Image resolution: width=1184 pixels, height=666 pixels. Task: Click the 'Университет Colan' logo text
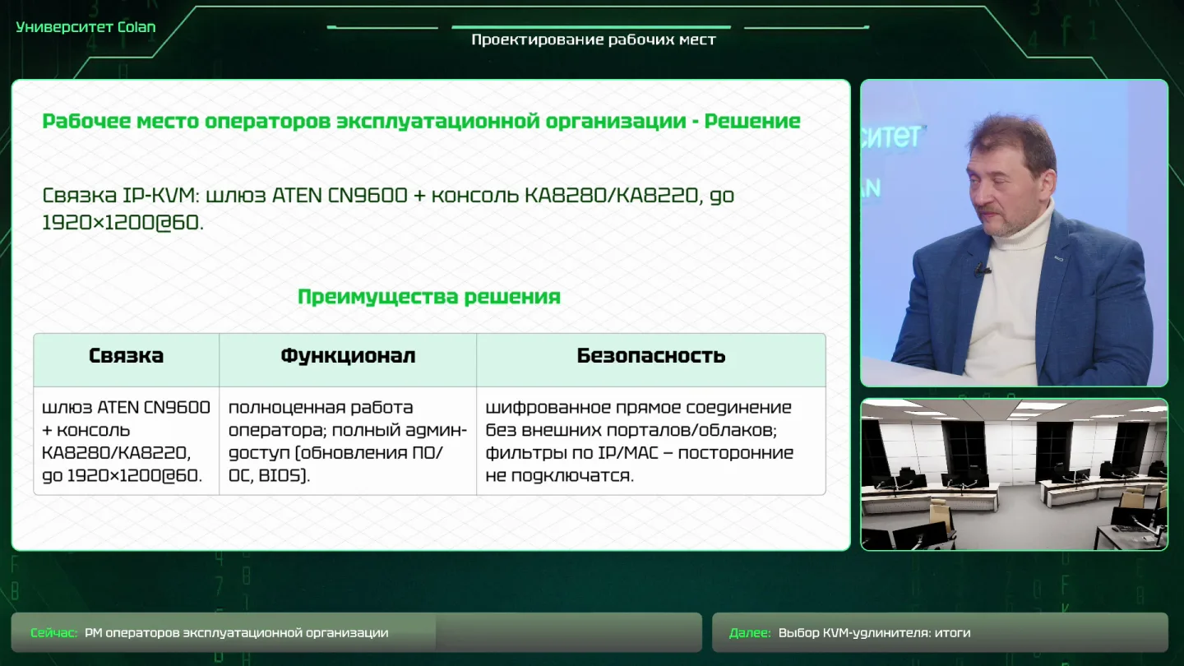(86, 27)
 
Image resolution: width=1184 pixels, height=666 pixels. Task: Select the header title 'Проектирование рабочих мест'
(594, 40)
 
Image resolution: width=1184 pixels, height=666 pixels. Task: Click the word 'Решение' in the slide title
(752, 122)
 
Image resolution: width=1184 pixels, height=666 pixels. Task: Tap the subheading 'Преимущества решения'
(428, 297)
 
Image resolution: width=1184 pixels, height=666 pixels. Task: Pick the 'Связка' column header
(127, 356)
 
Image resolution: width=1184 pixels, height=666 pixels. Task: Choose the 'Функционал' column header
(348, 356)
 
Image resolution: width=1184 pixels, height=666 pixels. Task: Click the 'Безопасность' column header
(650, 356)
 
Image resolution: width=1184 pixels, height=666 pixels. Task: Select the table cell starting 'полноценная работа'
(348, 441)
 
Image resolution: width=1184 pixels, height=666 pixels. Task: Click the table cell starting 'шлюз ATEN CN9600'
(126, 441)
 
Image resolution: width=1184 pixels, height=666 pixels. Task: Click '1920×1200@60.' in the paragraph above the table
(123, 223)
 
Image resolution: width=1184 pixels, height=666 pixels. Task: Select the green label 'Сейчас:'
(54, 633)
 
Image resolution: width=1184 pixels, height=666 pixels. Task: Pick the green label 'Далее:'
(750, 633)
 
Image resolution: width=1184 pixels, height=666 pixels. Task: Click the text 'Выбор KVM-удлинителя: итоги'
(874, 633)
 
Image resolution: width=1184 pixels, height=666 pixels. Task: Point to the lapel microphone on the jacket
(982, 270)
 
